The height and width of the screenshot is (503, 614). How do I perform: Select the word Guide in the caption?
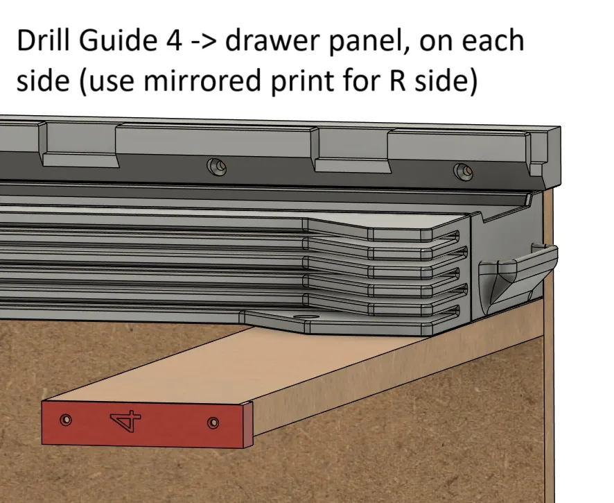(118, 40)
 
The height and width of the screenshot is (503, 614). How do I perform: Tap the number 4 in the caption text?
(174, 41)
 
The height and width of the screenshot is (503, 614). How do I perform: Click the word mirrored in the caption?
(202, 80)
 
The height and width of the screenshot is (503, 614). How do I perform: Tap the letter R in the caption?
(398, 80)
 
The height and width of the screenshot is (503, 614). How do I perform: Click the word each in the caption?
(493, 41)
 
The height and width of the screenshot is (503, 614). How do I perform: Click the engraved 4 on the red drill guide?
(126, 421)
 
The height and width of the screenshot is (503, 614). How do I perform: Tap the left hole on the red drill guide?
(66, 420)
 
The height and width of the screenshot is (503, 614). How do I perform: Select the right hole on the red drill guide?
(213, 423)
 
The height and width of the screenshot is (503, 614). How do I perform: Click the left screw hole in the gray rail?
(216, 167)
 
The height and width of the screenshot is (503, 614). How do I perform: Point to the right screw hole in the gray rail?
(463, 172)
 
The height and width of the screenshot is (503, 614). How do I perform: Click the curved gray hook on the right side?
(517, 271)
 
